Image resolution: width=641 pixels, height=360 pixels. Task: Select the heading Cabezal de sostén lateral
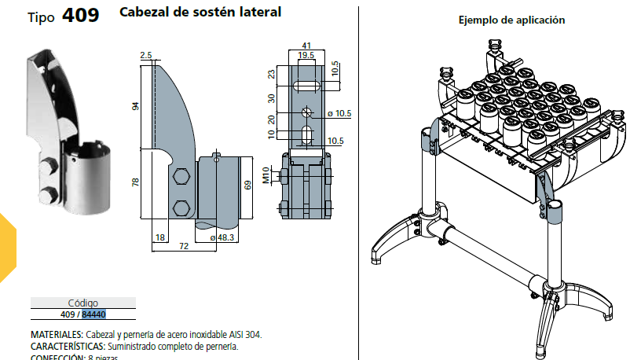200,13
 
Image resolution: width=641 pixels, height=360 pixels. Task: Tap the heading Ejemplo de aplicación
511,20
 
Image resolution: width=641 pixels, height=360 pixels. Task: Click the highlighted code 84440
93,315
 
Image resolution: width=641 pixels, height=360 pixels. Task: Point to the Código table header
83,303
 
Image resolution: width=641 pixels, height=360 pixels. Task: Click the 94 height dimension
136,106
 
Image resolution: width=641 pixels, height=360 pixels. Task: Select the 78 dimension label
136,182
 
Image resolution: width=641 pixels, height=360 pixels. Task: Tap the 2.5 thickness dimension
145,55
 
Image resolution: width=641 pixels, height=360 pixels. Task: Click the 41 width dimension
306,46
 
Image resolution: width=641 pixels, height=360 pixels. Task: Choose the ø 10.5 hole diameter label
339,114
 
